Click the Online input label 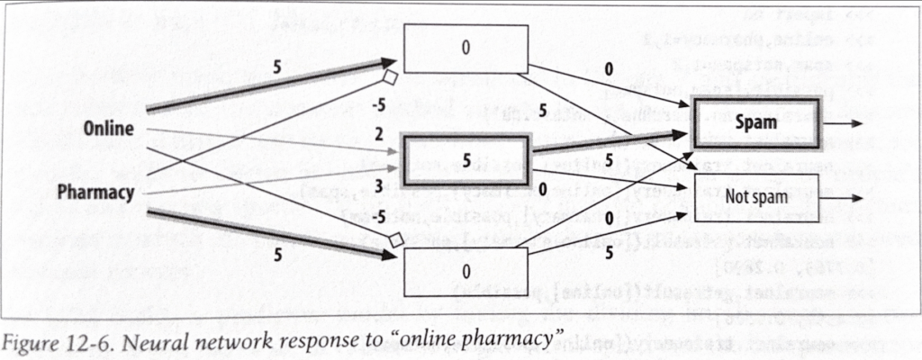[x=109, y=129]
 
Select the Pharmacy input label [x=96, y=192]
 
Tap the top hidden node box [x=465, y=49]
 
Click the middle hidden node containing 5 [x=466, y=158]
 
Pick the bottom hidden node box [x=465, y=271]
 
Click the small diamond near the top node [x=391, y=76]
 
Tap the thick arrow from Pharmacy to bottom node [x=270, y=230]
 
